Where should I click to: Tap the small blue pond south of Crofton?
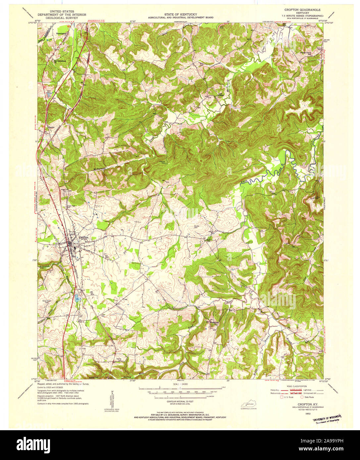click(77, 297)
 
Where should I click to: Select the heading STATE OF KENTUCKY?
click(180, 14)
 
